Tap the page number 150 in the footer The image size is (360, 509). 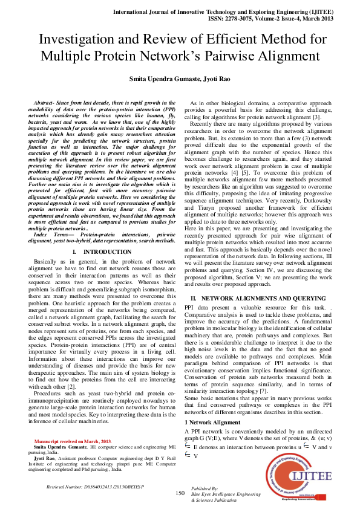point(180,493)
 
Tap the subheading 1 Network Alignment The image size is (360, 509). point(212,404)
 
